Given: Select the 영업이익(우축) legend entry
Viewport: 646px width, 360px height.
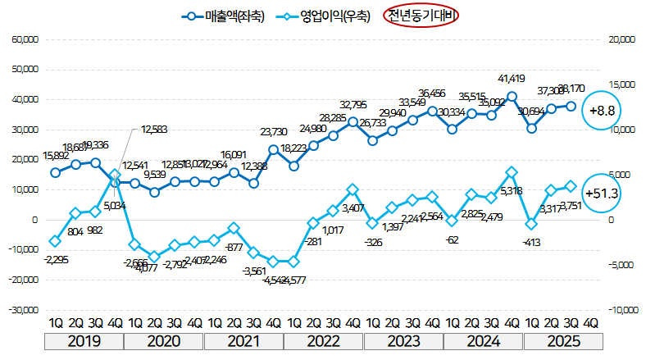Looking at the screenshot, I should [x=324, y=16].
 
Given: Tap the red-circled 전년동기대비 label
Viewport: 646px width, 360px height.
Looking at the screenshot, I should [x=421, y=16].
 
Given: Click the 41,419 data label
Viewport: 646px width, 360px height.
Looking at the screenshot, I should [x=512, y=79].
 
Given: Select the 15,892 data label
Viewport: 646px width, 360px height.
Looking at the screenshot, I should [x=55, y=156].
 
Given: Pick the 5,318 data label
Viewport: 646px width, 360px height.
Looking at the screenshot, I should [x=512, y=191].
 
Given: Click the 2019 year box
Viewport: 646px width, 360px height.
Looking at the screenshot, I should [x=84, y=339].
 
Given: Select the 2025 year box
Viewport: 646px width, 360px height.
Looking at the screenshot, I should [x=562, y=339].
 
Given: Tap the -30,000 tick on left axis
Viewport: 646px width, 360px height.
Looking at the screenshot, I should [x=25, y=310].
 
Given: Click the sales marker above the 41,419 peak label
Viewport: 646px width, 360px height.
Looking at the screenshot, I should [x=512, y=96].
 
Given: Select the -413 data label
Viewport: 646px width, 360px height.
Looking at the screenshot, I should [x=531, y=243].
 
